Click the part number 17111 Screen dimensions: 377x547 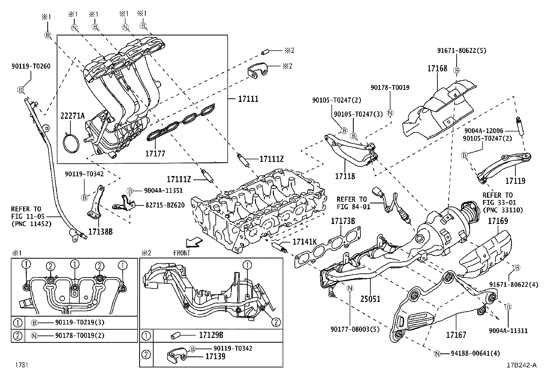pos(248,99)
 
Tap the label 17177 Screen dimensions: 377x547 pos(155,154)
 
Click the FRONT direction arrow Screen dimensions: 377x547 pos(193,243)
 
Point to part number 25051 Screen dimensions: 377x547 pos(370,299)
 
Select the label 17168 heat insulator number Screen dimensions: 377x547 pos(437,69)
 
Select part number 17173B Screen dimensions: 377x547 pos(343,221)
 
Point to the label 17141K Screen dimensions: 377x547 pos(304,242)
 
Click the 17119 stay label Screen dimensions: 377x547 pos(515,180)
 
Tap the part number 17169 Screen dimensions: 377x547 pos(498,221)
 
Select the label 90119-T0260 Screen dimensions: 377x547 pos(31,66)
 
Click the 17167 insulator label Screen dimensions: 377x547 pos(456,334)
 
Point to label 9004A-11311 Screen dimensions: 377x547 pos(508,331)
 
